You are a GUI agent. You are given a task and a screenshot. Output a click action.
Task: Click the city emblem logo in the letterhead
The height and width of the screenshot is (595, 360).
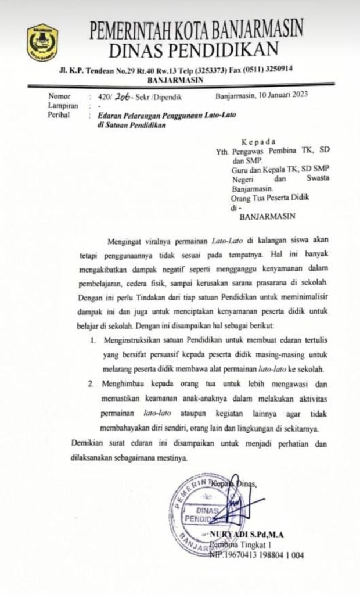pos(42,42)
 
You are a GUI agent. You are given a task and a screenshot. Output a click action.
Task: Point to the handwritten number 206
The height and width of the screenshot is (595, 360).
pos(121,96)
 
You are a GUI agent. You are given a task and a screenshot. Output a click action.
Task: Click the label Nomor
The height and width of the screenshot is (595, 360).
pos(59,96)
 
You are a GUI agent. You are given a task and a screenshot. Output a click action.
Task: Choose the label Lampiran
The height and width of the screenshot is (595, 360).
pos(62,106)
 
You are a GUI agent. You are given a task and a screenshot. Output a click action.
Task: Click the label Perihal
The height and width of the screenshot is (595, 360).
pos(60,115)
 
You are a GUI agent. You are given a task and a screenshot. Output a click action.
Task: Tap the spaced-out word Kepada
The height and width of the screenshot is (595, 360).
pos(260,141)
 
